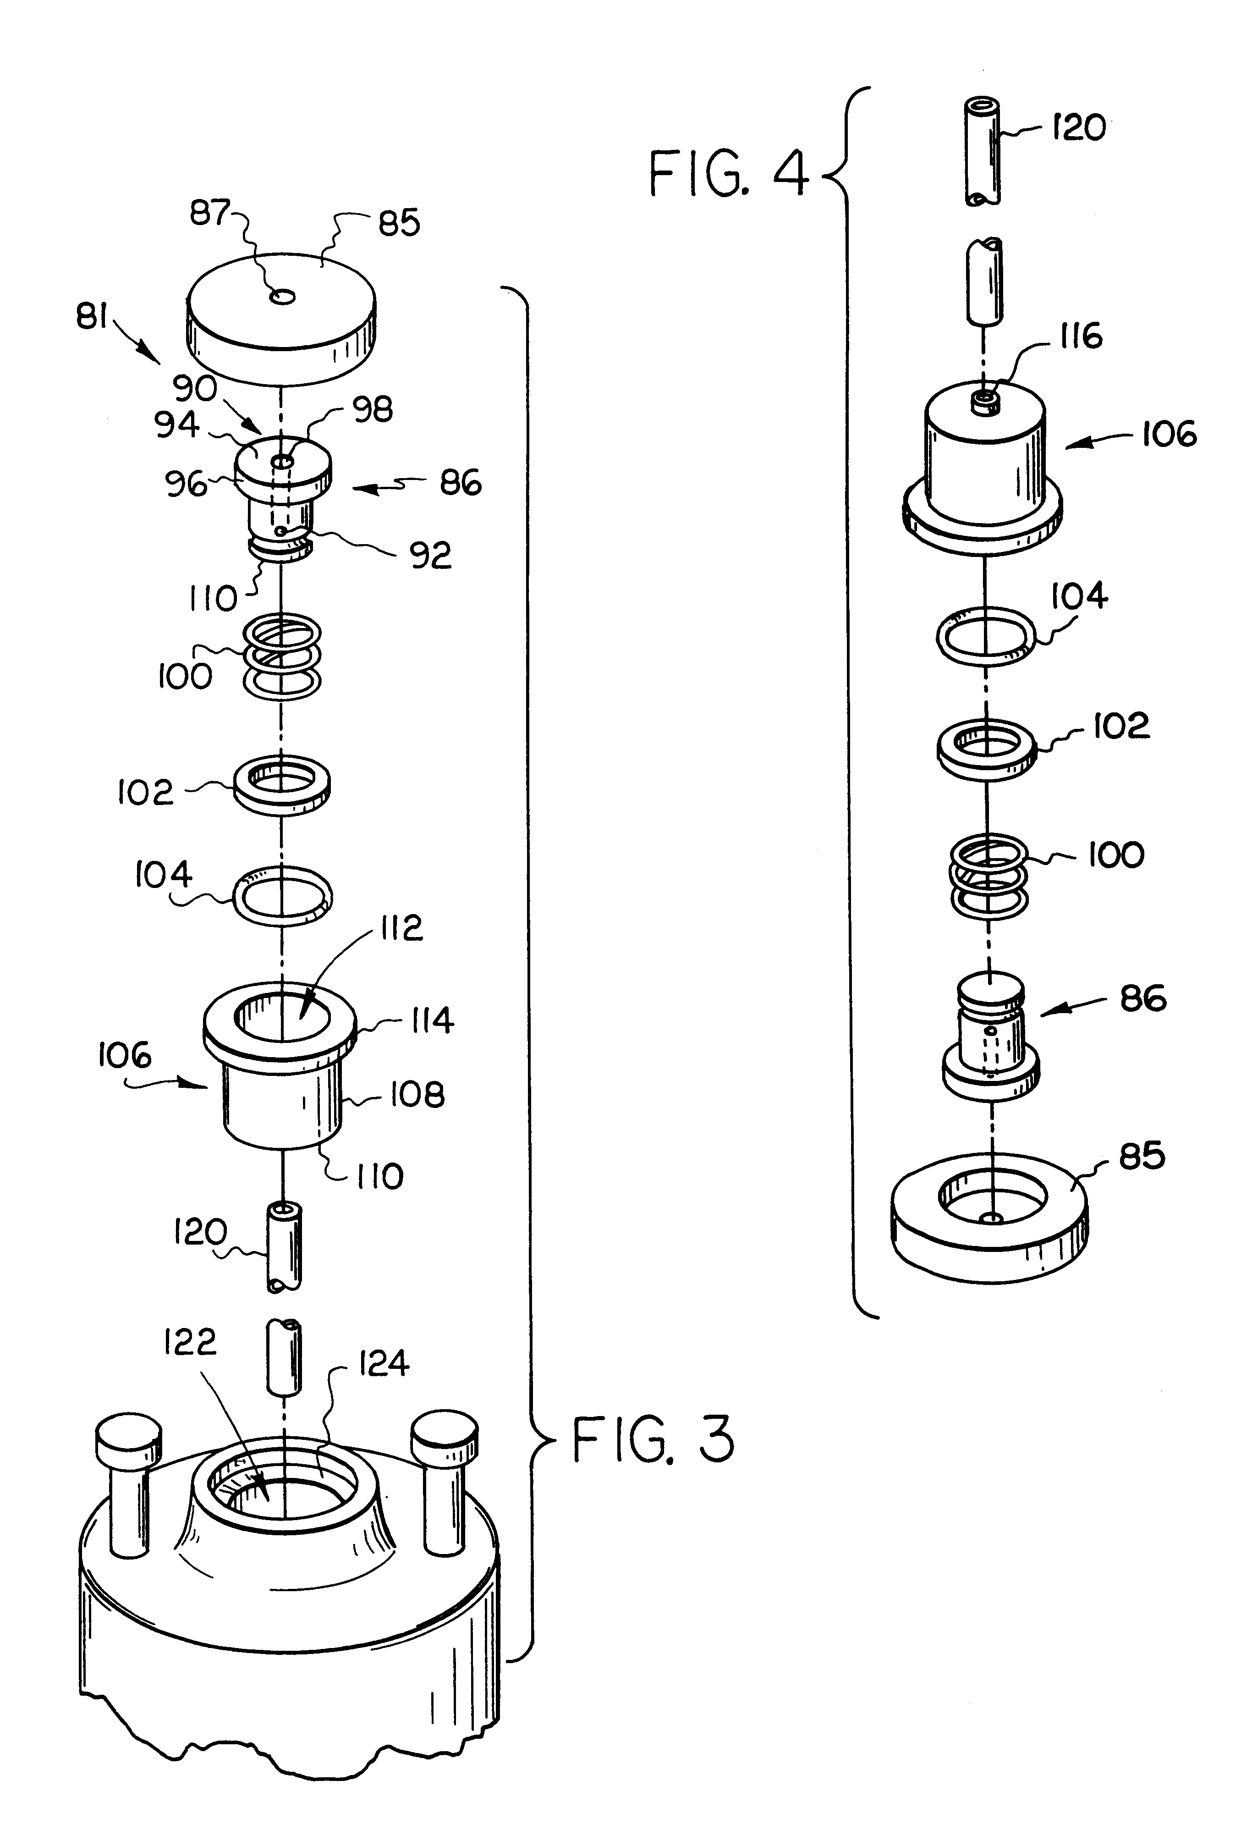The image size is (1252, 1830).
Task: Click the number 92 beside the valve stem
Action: (430, 556)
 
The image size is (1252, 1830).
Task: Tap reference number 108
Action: (417, 1095)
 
